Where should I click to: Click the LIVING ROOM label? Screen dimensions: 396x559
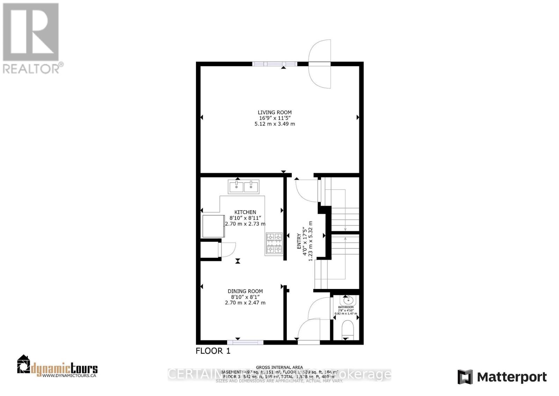coord(275,112)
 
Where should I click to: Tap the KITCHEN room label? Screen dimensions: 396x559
coord(245,212)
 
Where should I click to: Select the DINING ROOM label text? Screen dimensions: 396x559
coord(245,291)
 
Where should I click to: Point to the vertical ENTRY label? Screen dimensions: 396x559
coord(299,241)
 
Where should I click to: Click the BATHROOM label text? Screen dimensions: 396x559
coord(346,307)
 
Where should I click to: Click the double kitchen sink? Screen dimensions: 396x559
coord(244,186)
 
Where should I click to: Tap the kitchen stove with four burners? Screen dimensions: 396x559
coord(274,243)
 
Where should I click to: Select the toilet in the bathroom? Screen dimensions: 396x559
coord(347,330)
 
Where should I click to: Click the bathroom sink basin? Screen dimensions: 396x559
coord(348,300)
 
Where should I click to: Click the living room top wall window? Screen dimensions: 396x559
coord(274,64)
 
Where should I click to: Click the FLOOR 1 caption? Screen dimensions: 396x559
coord(213,351)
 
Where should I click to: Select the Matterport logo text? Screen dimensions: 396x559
coord(511,377)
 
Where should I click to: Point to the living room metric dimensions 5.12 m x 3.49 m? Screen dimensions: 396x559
coord(275,124)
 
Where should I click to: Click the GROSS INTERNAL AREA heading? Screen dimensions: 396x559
coord(279,367)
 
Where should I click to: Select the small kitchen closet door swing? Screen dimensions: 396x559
coord(228,249)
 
